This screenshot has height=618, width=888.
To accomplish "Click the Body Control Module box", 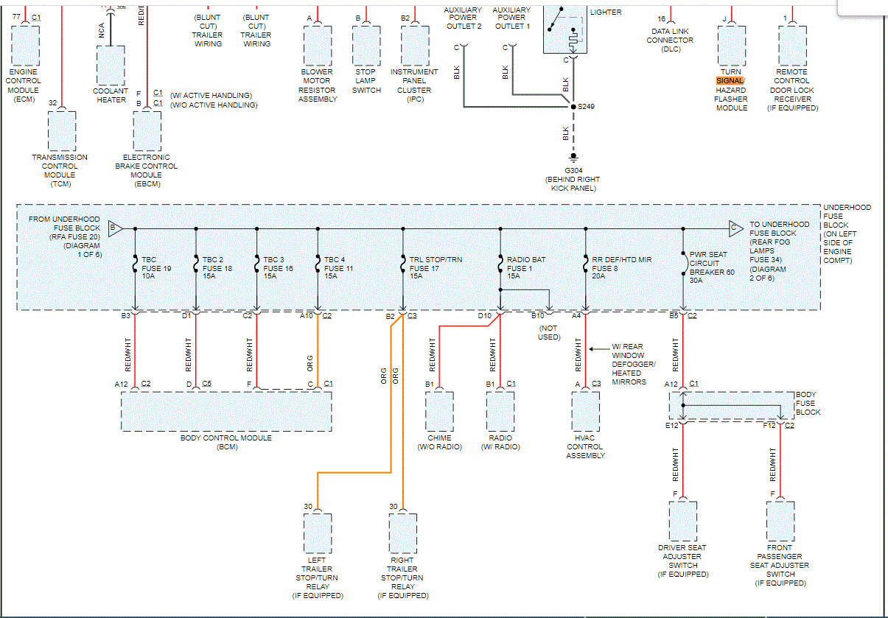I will (x=226, y=410).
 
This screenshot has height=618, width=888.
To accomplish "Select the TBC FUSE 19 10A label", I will (x=157, y=269).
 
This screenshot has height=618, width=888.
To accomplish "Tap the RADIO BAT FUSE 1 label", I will (x=526, y=269).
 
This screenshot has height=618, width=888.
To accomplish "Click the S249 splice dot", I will (x=573, y=107).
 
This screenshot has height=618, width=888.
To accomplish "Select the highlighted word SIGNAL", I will (x=730, y=80).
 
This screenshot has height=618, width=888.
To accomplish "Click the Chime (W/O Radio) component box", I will (x=439, y=410).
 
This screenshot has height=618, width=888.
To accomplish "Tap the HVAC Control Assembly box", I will (x=586, y=410).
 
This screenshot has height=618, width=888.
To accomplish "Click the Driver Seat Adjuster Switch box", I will (x=682, y=522).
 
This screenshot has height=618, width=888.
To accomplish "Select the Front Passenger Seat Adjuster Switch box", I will (x=780, y=522).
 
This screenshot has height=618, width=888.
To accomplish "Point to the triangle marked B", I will (x=115, y=228).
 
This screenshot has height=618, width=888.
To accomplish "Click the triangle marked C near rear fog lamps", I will (x=735, y=228).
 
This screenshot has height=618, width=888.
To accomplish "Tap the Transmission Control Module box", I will (x=62, y=131).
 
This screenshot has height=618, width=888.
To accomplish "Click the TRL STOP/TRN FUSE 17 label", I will (x=436, y=269).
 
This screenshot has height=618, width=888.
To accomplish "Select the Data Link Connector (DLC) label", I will (x=669, y=41).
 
